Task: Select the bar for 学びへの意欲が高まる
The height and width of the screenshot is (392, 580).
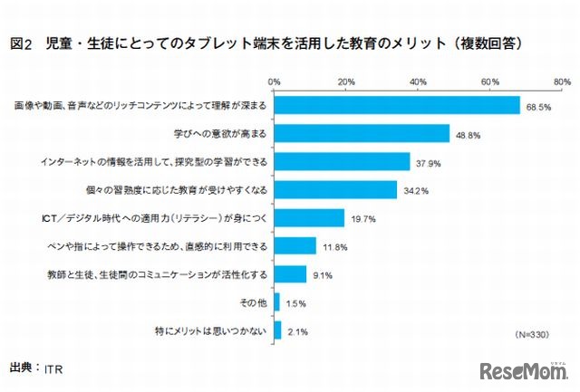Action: pos(362,133)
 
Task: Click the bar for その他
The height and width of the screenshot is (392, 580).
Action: pos(276,301)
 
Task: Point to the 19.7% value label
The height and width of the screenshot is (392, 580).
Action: pos(362,218)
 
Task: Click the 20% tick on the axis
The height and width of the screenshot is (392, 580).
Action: pos(345,81)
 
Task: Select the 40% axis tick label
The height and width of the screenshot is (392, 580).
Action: pos(418,81)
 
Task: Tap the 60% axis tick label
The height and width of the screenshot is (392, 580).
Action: pos(490,81)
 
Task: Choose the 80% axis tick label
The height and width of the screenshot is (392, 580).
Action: pos(561,81)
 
